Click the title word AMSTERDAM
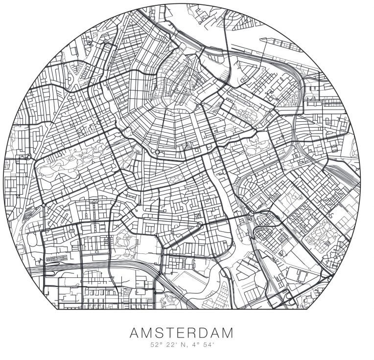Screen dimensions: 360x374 [x=181, y=334]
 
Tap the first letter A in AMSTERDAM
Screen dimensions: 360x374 [x=136, y=334]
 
